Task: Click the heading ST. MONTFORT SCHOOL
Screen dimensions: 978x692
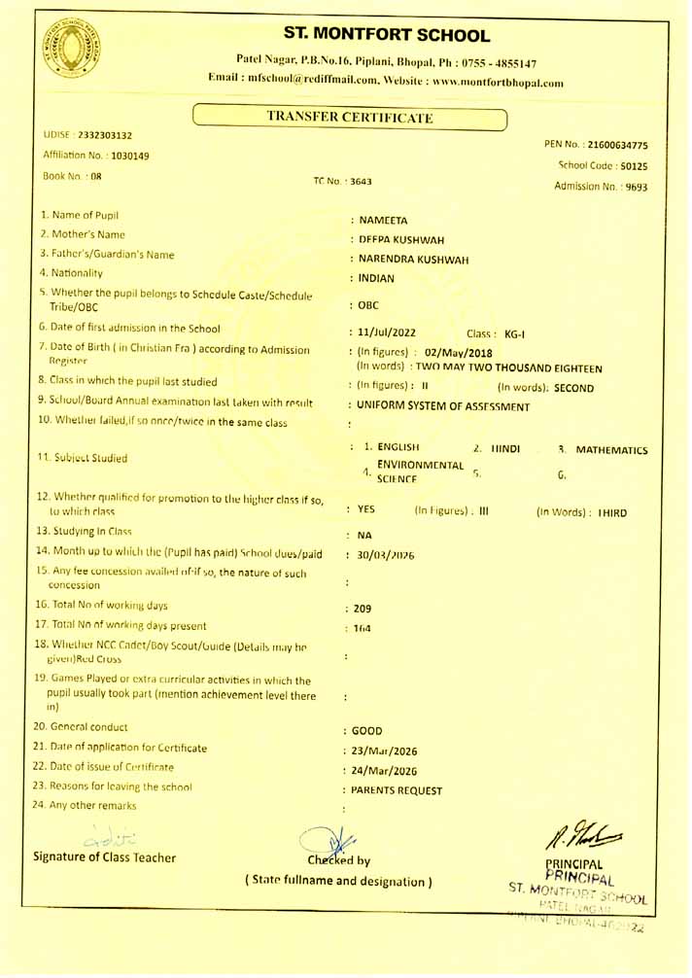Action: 388,36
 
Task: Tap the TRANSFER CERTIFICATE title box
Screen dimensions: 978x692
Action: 350,119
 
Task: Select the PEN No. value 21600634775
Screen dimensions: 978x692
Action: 617,146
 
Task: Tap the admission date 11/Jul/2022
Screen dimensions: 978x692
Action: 388,333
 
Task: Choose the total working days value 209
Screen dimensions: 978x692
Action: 363,609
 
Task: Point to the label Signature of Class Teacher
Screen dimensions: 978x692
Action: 105,857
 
